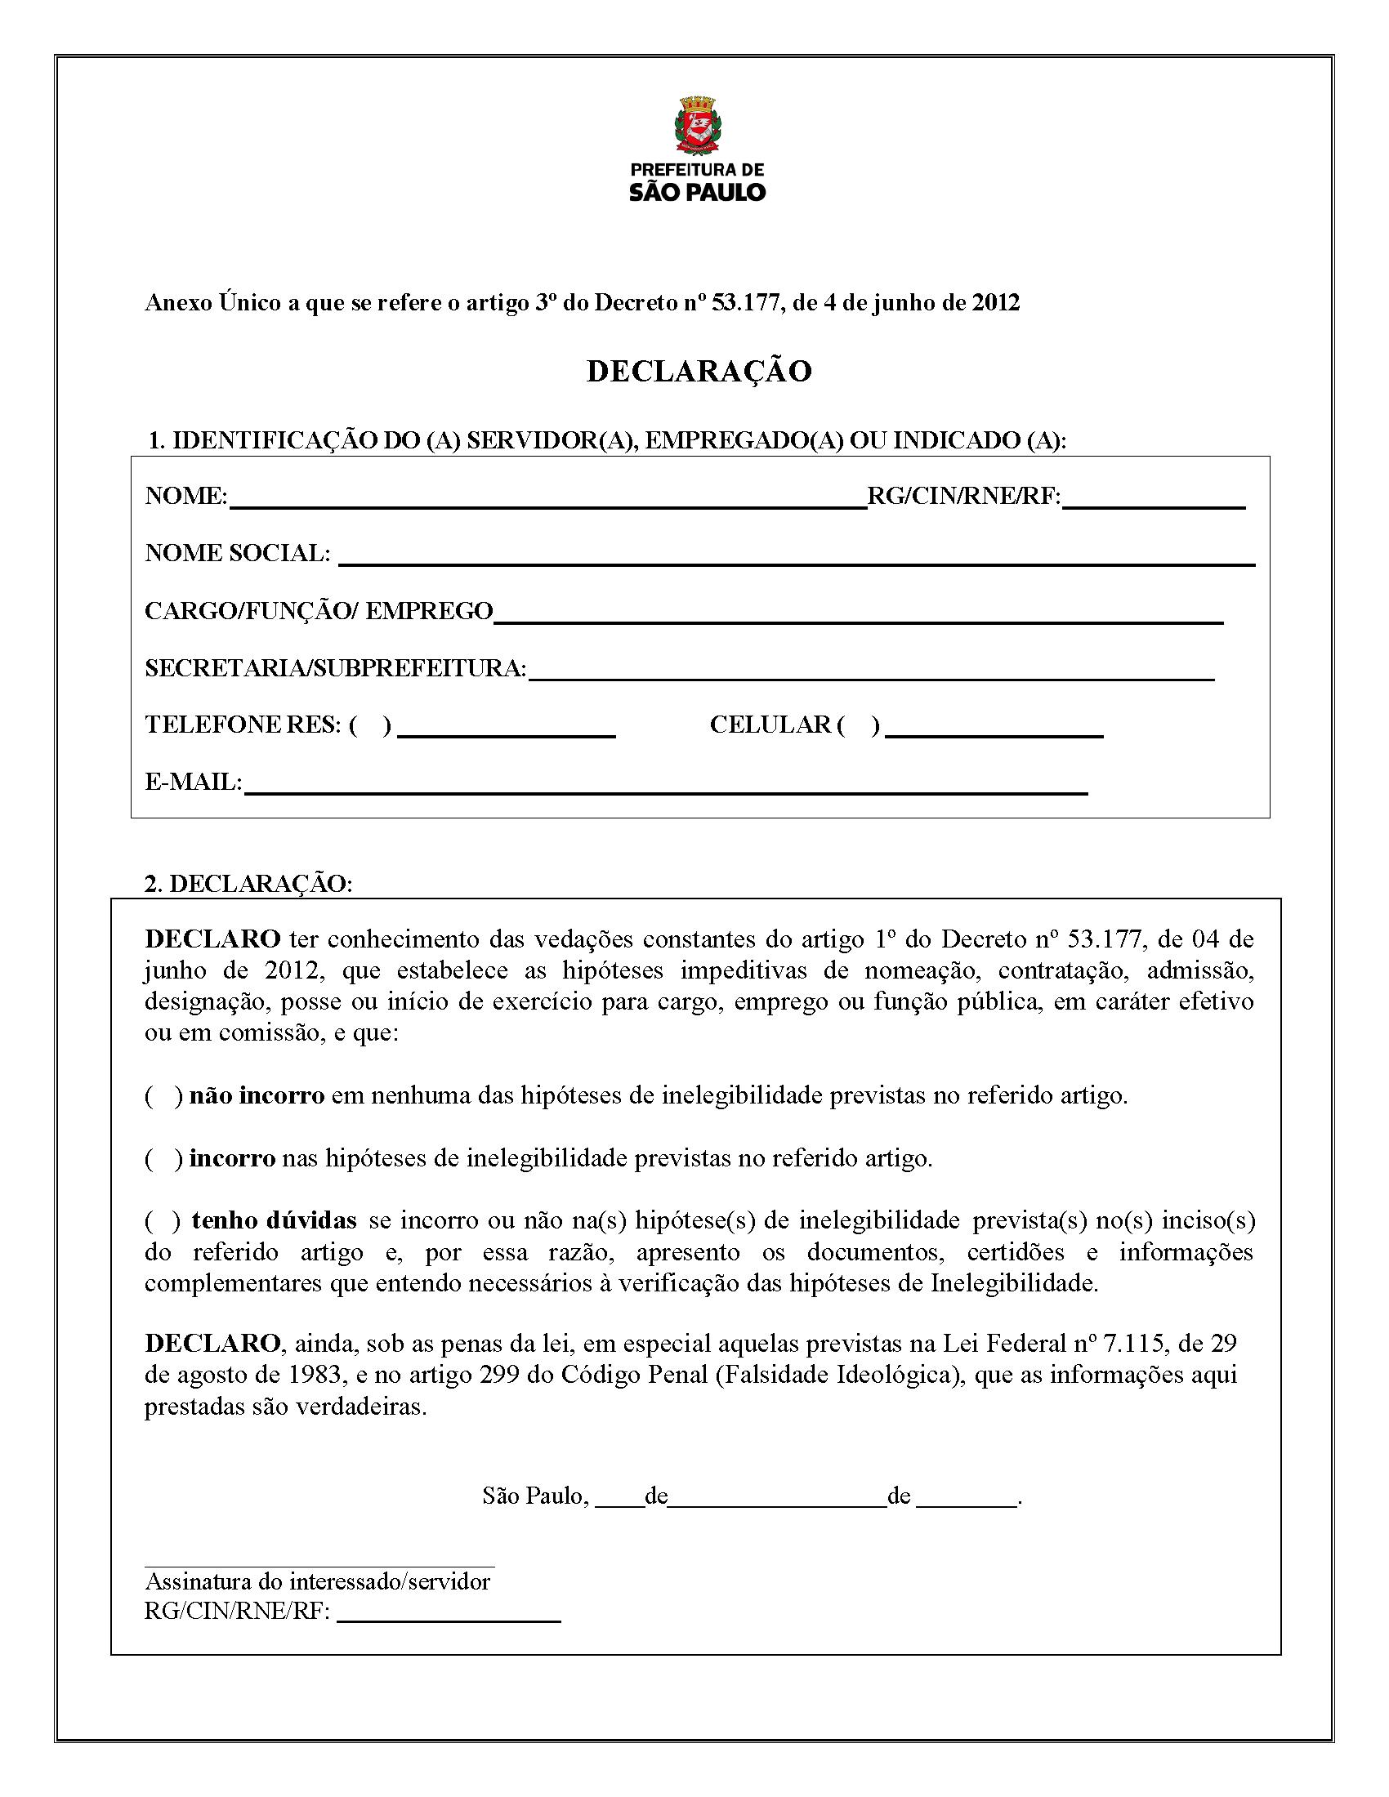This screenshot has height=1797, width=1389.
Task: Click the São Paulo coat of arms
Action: (697, 125)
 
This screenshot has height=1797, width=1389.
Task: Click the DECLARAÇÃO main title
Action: (699, 371)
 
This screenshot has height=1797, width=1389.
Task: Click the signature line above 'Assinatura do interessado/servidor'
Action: (319, 1566)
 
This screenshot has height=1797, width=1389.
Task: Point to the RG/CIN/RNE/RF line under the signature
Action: (449, 1619)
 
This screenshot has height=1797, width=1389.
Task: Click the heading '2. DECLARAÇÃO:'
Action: (248, 884)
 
